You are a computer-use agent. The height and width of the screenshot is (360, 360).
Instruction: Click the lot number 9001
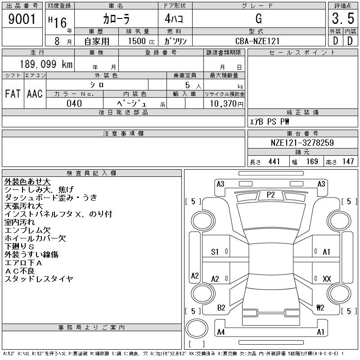tap(22, 19)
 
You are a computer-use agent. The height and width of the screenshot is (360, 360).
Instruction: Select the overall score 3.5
tap(342, 19)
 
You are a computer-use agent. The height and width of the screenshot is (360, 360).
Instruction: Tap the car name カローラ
tap(116, 19)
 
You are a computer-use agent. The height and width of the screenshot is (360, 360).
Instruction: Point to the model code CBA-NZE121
tap(257, 41)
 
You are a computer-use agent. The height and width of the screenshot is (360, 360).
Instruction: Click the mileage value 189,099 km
tap(45, 64)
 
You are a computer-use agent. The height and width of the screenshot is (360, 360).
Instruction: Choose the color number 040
tap(74, 103)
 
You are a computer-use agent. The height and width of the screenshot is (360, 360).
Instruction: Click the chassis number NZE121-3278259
tap(302, 143)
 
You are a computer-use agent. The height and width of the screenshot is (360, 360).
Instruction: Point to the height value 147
tap(348, 162)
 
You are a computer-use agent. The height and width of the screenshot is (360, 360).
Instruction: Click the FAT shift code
tap(13, 94)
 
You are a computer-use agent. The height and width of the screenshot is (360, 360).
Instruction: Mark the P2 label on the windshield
tap(270, 194)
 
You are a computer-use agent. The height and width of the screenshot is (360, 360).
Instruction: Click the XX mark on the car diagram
tap(327, 279)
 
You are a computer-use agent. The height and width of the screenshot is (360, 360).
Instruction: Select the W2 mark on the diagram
tap(320, 308)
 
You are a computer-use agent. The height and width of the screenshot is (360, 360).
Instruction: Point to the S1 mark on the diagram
tap(215, 252)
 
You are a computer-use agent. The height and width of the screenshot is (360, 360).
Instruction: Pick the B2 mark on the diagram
tap(221, 308)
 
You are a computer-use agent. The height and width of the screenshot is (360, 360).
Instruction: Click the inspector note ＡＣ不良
tap(20, 271)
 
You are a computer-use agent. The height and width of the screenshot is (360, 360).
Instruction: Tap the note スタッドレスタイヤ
tap(39, 279)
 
